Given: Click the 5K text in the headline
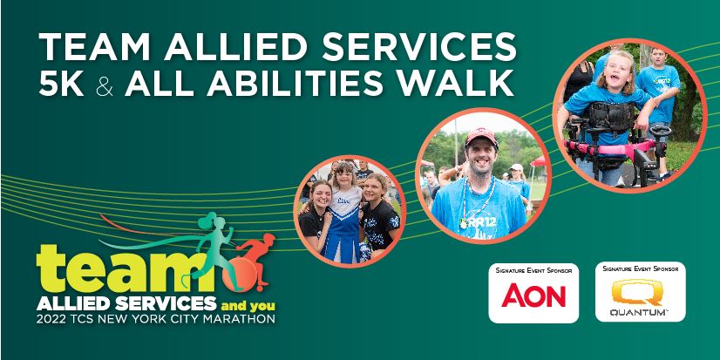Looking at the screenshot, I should [62, 84].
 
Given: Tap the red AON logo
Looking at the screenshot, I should [533, 295].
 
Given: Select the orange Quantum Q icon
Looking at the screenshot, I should [639, 290].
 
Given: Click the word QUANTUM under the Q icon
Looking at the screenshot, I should [639, 311].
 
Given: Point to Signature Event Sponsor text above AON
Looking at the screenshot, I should [533, 271].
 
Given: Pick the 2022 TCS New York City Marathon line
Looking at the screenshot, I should [156, 319].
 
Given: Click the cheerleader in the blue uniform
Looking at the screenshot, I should [345, 218].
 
